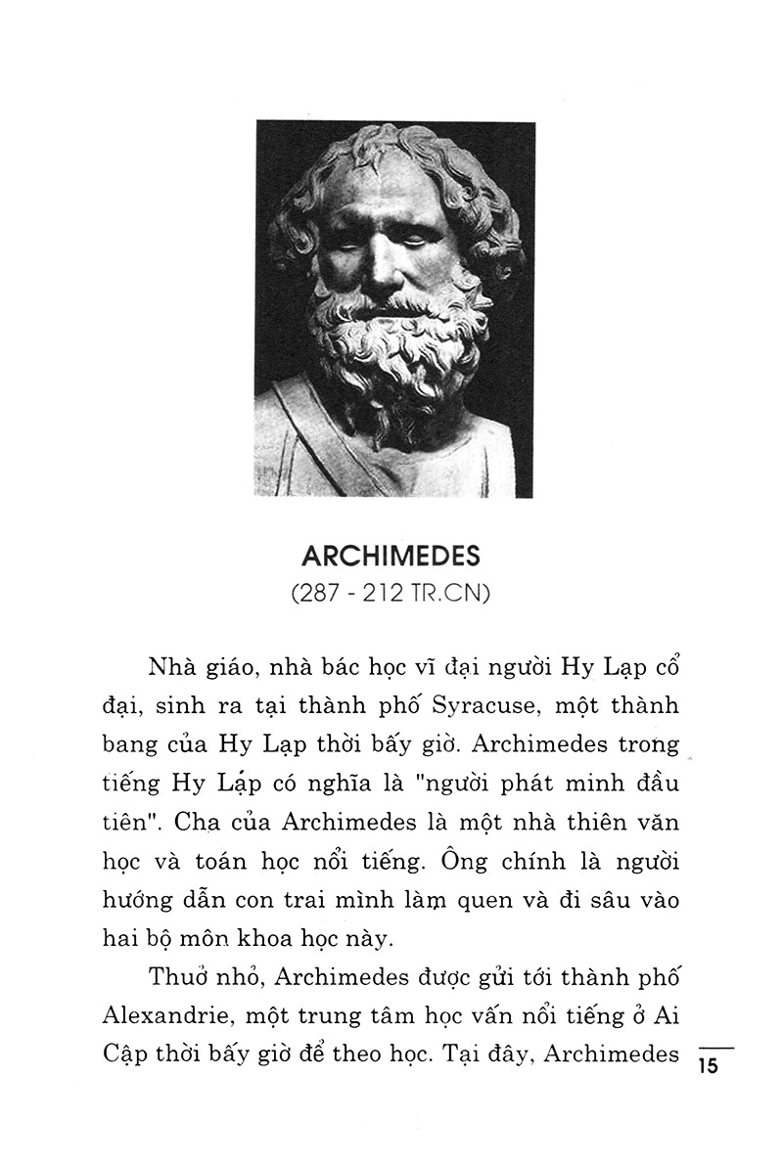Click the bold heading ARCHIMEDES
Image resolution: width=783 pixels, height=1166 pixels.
click(x=391, y=557)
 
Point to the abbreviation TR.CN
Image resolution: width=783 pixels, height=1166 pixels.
click(x=453, y=593)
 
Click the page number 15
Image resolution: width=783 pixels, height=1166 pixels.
click(x=709, y=1066)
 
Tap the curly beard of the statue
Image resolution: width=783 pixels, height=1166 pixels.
click(x=391, y=342)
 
